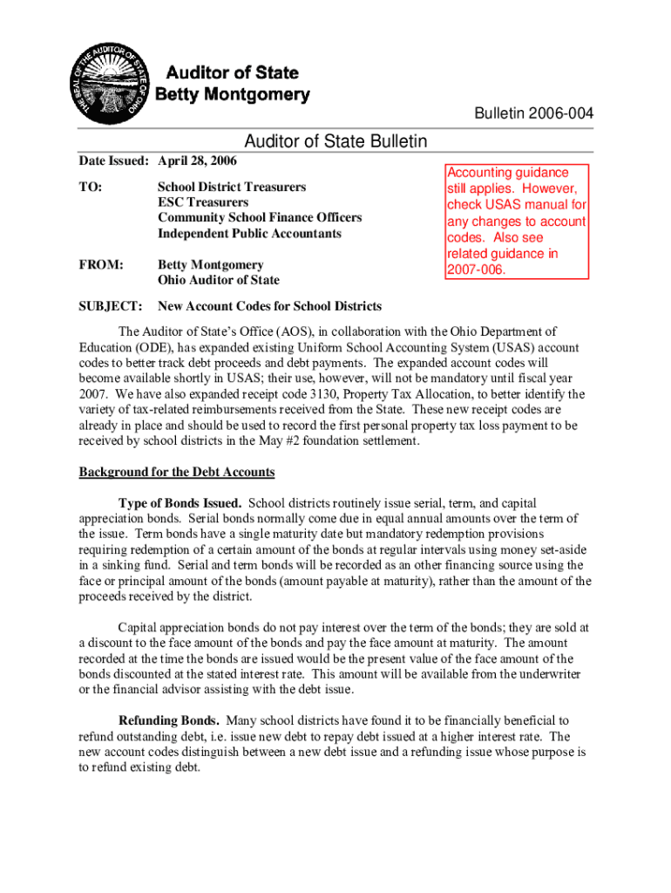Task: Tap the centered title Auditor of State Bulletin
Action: coord(335,141)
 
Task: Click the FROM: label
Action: coord(100,264)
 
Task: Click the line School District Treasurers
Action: coord(232,187)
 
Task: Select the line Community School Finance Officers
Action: coord(259,218)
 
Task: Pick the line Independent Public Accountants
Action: coord(249,234)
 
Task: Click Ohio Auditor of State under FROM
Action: coord(218,280)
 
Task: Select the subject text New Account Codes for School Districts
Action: coord(269,306)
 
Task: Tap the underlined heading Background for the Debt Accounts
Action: coord(177,473)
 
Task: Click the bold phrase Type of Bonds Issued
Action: coord(180,504)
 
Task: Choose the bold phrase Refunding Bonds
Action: coord(168,720)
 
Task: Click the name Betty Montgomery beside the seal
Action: coord(233,94)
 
